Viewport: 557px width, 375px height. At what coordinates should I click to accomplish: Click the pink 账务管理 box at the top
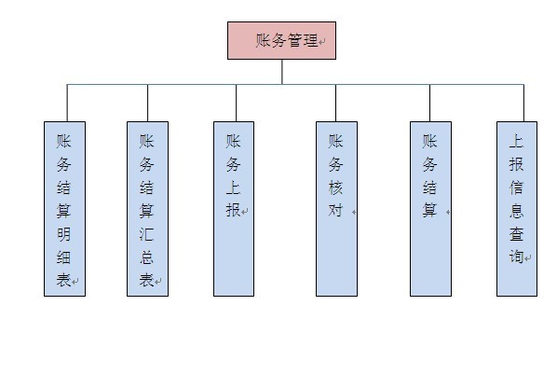click(281, 41)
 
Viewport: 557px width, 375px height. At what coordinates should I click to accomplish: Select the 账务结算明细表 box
click(64, 209)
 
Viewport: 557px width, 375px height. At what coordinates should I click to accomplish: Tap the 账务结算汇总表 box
click(147, 209)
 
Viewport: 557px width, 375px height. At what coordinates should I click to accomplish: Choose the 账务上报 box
click(234, 209)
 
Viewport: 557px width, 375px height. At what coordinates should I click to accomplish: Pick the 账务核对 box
click(336, 209)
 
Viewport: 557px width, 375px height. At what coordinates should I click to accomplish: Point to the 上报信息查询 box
click(516, 209)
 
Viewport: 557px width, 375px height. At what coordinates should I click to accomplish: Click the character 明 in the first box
click(63, 233)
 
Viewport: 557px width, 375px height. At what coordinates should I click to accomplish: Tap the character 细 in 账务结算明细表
click(63, 257)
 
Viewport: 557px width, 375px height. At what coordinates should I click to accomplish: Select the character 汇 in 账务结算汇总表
click(147, 233)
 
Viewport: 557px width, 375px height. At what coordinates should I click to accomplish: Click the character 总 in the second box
click(147, 257)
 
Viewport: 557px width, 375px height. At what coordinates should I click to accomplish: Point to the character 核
click(336, 187)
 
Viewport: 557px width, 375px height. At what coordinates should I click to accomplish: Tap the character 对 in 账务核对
click(336, 211)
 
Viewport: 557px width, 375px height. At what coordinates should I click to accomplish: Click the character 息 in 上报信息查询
click(516, 211)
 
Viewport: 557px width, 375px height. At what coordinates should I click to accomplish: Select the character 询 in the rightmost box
click(516, 257)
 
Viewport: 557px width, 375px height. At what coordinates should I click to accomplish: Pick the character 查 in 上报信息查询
click(516, 234)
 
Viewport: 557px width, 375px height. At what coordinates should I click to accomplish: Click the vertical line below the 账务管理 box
click(281, 72)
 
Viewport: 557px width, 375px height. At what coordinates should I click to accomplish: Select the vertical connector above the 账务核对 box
click(336, 103)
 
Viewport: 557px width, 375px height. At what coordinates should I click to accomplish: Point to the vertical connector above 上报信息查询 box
click(523, 103)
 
